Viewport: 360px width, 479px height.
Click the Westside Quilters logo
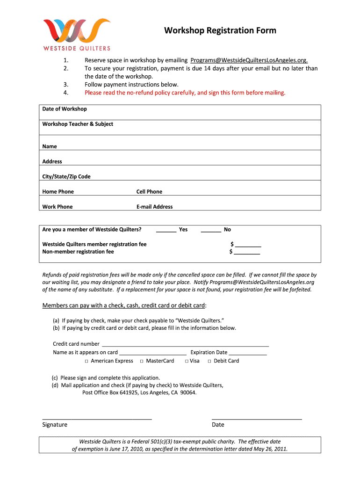77,34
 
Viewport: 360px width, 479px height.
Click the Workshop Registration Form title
220,31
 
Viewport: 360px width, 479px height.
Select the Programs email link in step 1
249,60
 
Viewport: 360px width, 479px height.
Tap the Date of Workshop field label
65,109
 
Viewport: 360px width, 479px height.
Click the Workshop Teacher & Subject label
78,124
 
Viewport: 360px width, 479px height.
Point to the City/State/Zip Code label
66,176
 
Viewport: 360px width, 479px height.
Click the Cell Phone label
149,191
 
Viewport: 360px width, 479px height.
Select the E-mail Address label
154,206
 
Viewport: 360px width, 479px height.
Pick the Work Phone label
58,206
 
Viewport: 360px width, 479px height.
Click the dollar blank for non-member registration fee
246,253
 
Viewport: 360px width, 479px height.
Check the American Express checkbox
87,361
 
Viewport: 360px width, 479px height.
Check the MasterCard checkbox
141,361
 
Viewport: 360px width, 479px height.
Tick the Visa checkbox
186,361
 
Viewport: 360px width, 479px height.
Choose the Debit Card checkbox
209,361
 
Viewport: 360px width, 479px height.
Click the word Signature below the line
55,425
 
